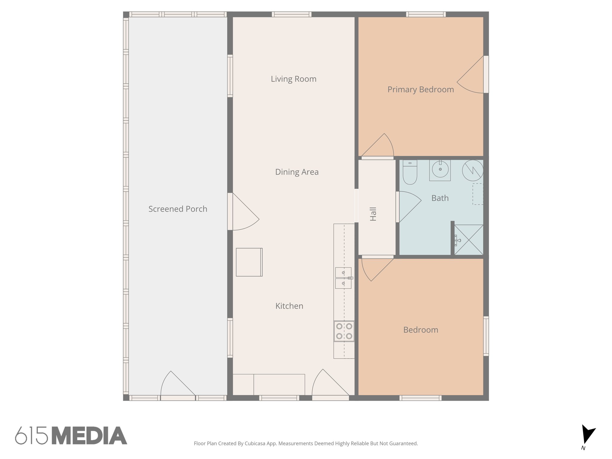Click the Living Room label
[293, 79]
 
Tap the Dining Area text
[297, 172]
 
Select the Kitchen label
[289, 306]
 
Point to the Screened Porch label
[178, 209]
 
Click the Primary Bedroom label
[420, 89]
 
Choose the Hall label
[373, 214]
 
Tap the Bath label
[440, 198]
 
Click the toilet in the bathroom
[410, 172]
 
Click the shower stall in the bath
[469, 240]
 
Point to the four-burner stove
[344, 331]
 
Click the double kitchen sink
[343, 278]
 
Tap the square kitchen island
[249, 262]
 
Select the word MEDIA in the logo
[89, 436]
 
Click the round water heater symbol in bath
[472, 170]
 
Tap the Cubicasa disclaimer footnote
[306, 443]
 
